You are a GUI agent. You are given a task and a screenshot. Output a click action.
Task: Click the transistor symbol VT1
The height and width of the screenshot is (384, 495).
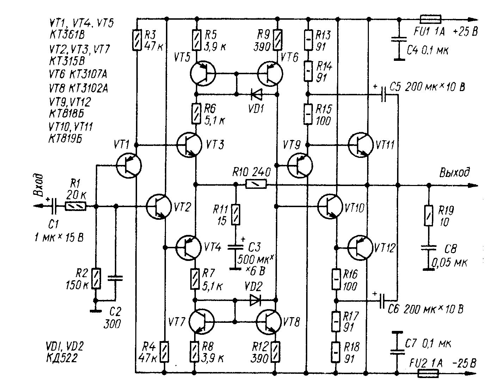point(129,166)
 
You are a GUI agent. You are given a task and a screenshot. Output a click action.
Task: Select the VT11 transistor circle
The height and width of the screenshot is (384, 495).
point(361,145)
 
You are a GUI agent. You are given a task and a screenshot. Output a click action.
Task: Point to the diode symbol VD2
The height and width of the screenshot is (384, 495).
point(255,300)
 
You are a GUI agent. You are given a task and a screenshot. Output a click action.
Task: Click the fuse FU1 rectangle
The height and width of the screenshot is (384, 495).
point(431,19)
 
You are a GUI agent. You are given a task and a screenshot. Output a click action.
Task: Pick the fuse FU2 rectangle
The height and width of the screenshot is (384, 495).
point(428,373)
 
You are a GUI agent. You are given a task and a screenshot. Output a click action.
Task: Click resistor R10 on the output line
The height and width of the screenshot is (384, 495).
point(256,184)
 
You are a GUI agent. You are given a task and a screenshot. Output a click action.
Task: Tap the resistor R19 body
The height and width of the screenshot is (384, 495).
point(428,216)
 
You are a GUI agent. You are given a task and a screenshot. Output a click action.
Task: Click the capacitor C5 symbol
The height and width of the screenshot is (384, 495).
point(383,94)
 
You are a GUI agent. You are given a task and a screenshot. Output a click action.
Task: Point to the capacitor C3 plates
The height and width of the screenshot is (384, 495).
point(236,247)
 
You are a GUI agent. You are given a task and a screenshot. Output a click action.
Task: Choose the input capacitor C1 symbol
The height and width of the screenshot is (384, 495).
point(54,206)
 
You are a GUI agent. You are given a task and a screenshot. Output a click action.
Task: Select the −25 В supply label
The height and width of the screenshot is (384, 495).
point(464,363)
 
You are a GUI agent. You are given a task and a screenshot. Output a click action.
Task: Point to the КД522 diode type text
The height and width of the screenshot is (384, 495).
point(62,358)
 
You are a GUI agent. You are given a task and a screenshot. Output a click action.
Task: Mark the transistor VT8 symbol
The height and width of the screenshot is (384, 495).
point(269,321)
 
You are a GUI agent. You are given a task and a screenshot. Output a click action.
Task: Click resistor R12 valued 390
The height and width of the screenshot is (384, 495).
point(276,352)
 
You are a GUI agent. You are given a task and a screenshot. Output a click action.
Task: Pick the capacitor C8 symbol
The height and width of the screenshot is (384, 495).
point(428,248)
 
